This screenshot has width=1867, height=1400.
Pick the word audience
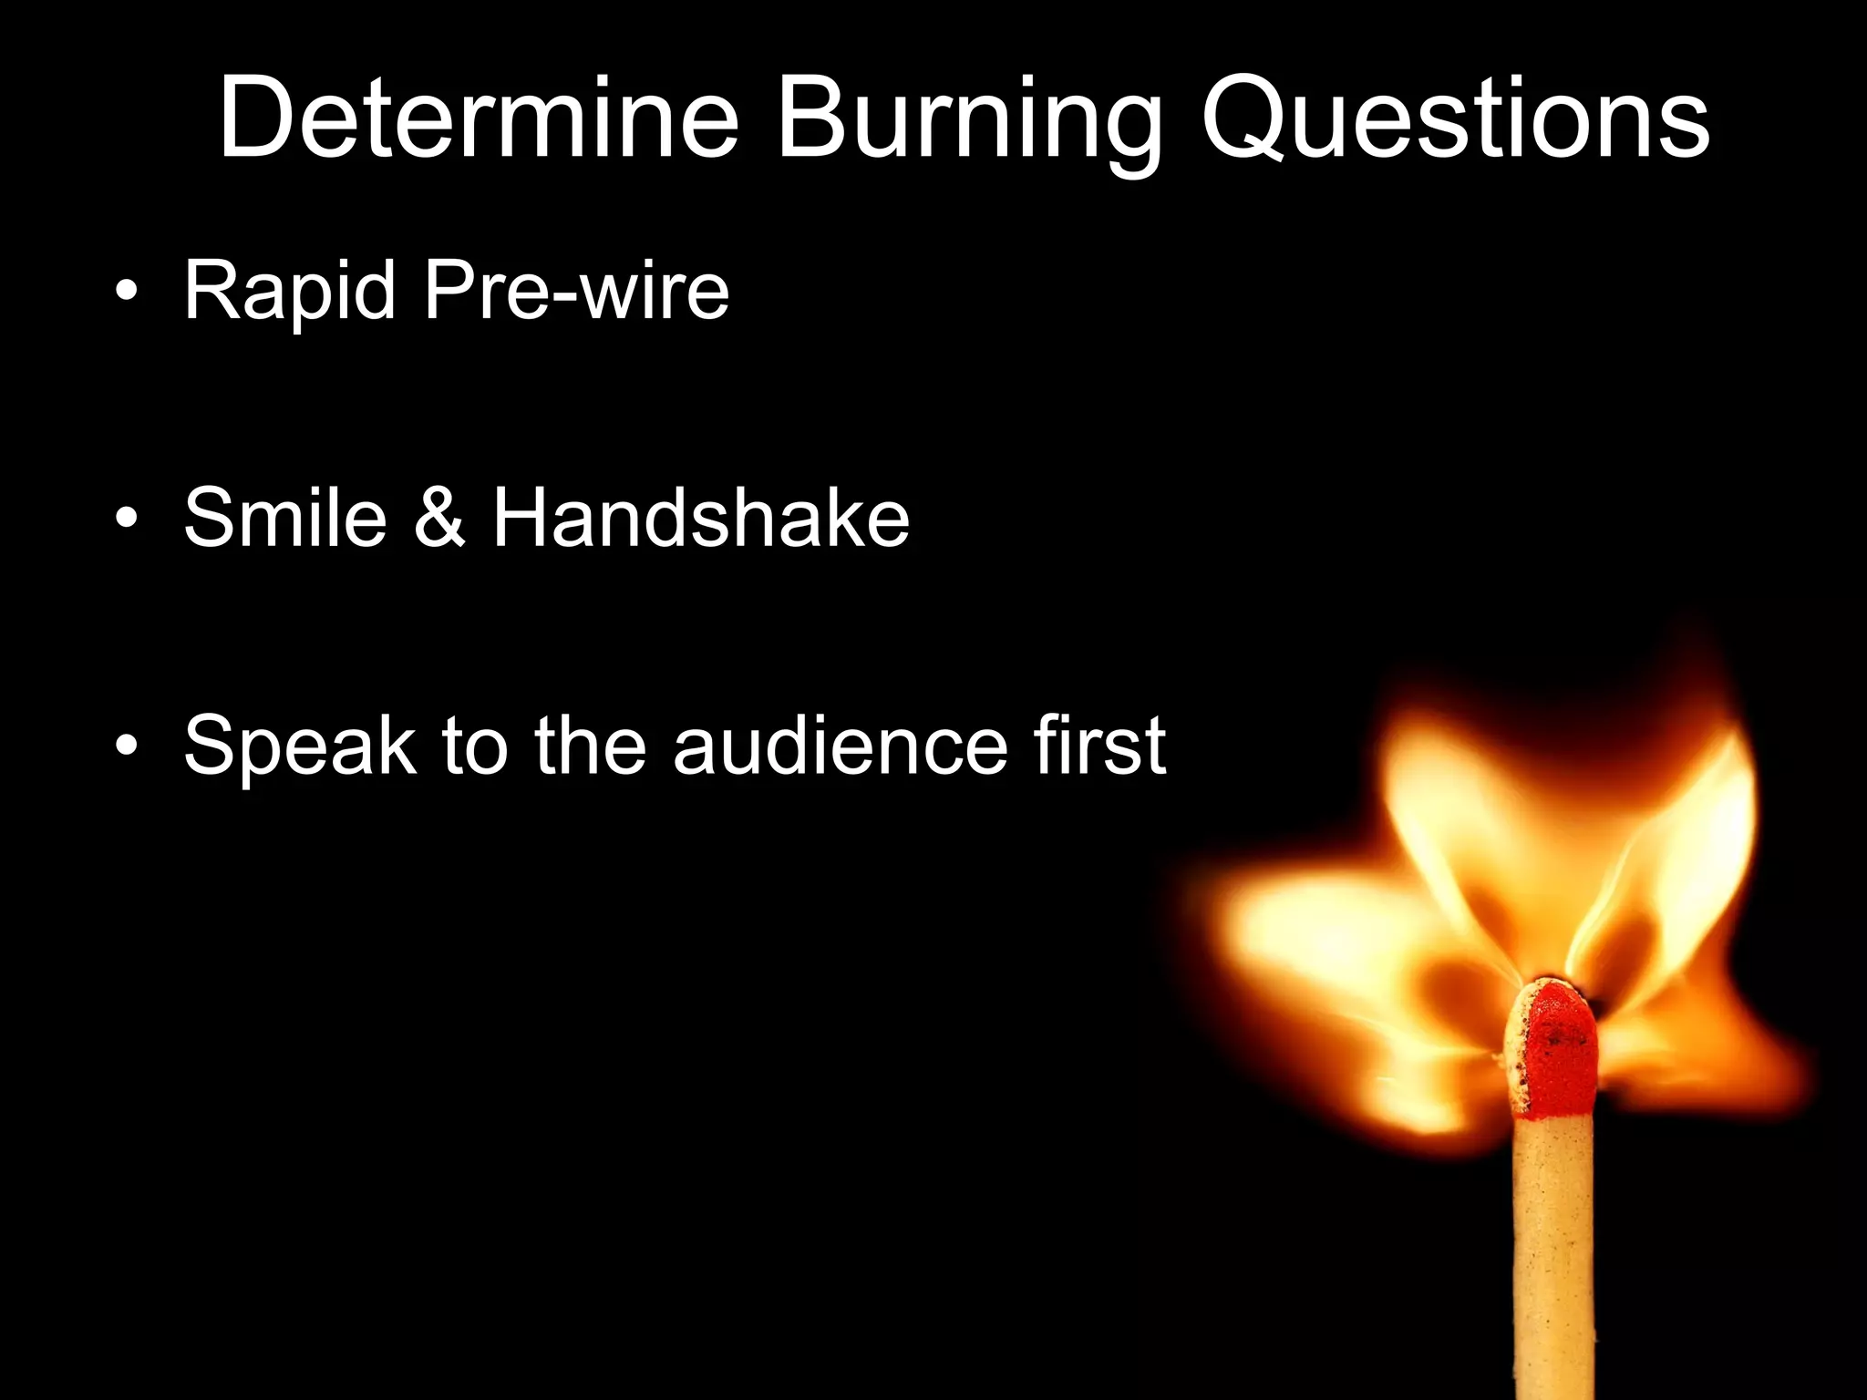click(x=840, y=746)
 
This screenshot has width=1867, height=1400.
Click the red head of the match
click(x=1554, y=1048)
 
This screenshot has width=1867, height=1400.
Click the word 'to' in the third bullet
click(x=474, y=746)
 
